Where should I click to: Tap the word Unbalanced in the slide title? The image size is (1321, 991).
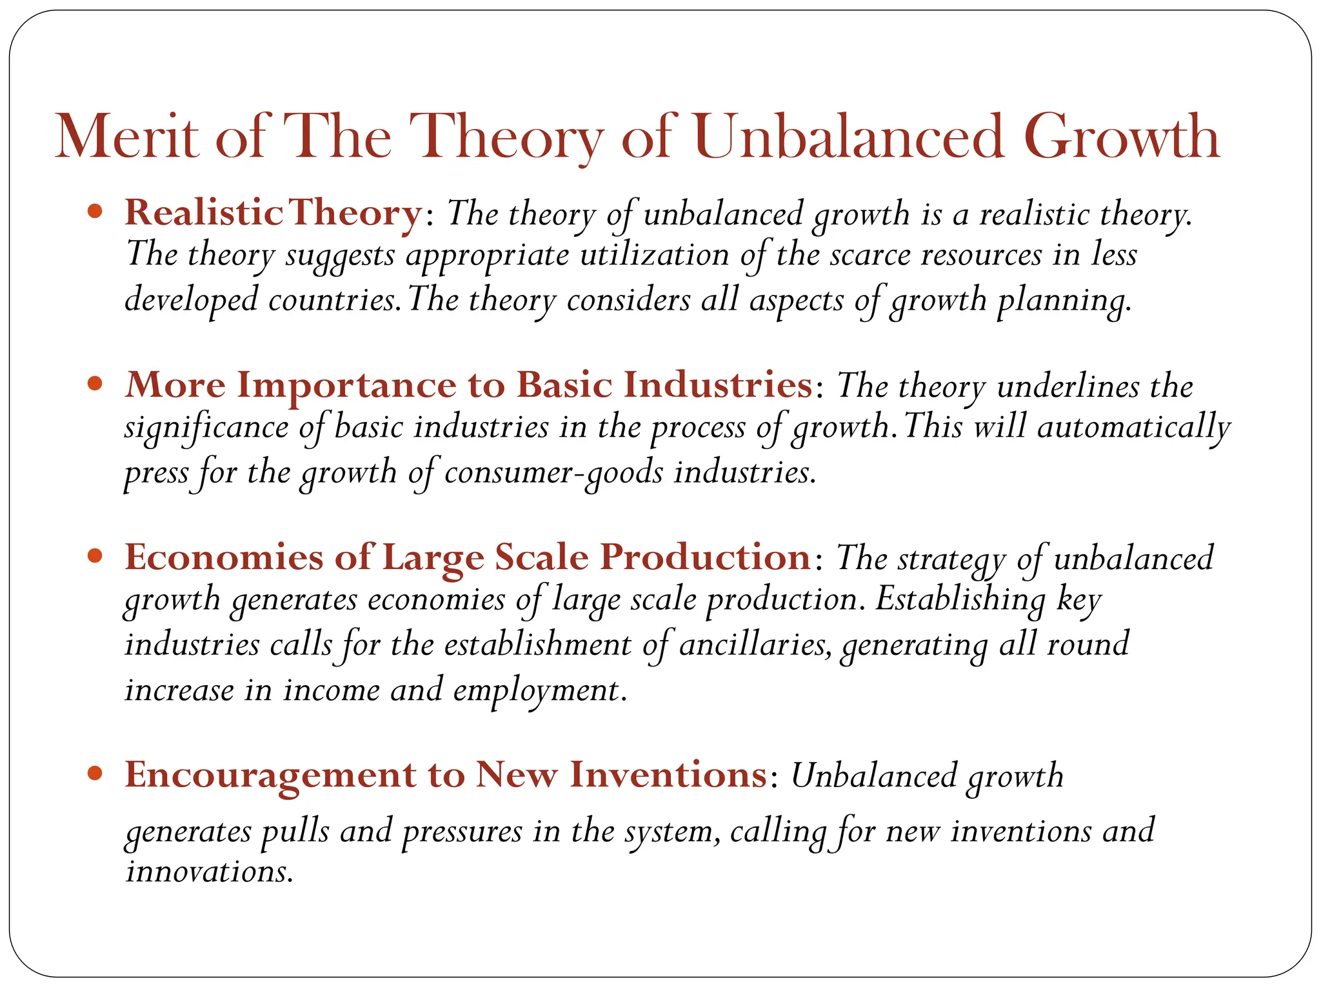click(x=849, y=137)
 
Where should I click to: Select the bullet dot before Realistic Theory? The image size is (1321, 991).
click(x=95, y=211)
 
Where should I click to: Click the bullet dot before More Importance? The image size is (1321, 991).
click(x=95, y=384)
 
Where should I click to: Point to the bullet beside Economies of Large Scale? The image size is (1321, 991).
click(x=95, y=556)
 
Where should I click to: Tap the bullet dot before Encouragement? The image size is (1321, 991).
click(x=95, y=773)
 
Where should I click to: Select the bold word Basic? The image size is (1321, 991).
click(x=564, y=385)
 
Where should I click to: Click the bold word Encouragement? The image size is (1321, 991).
click(x=270, y=774)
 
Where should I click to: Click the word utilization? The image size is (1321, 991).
click(x=654, y=255)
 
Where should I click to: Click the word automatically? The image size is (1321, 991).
click(x=1134, y=428)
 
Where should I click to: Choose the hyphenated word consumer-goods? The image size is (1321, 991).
click(x=553, y=473)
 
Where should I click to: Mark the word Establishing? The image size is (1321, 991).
click(x=960, y=601)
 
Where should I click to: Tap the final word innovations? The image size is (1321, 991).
click(x=208, y=872)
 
